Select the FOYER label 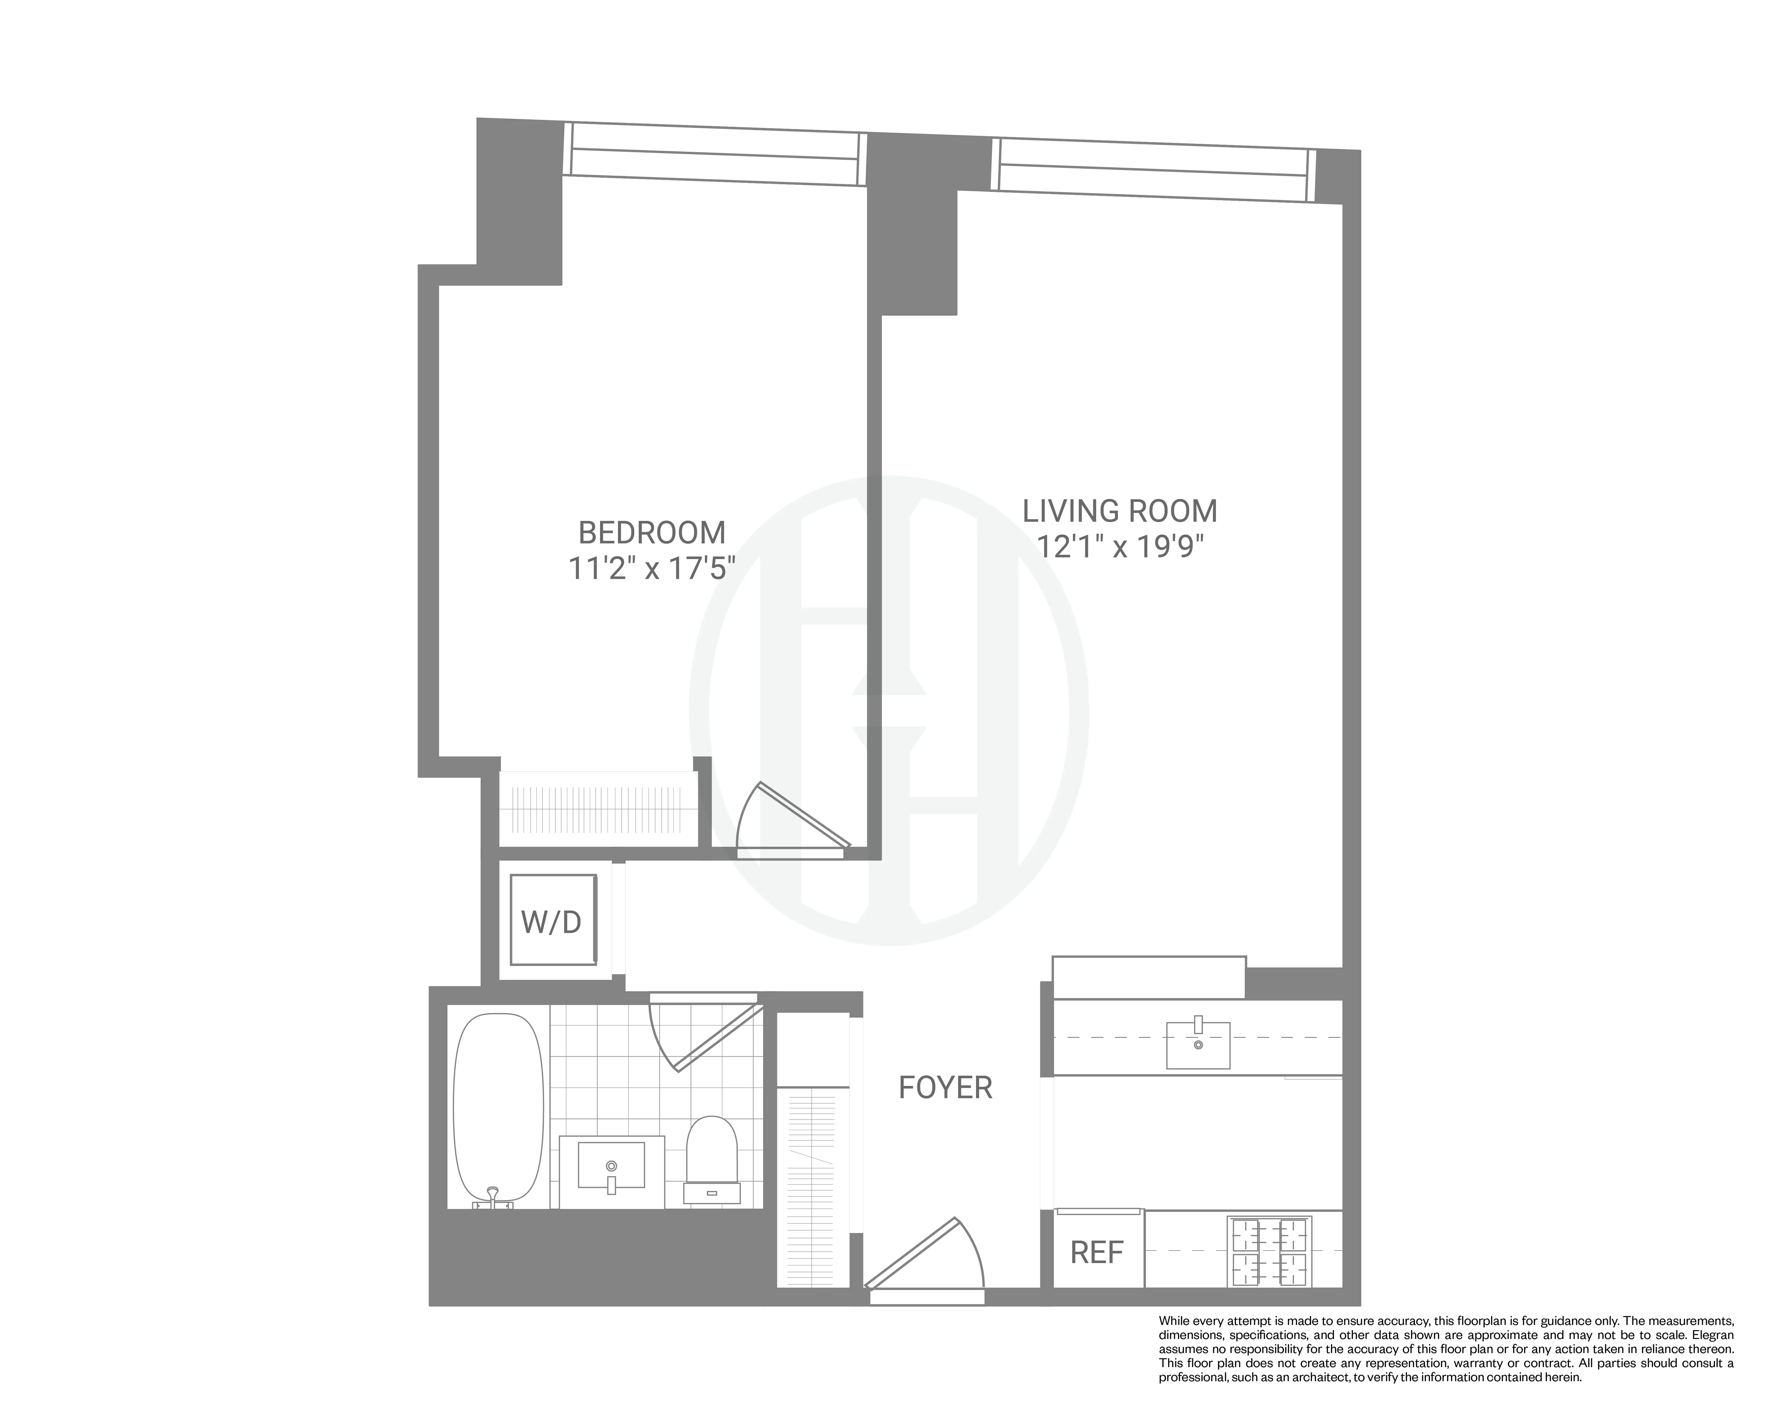[945, 1088]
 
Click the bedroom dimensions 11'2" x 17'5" [652, 569]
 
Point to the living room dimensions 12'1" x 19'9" [1120, 547]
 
